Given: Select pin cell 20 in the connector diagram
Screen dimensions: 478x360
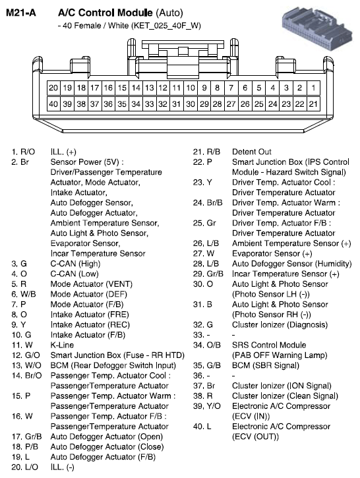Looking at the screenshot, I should (x=53, y=88).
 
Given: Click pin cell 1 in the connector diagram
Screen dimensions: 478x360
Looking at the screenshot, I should (x=313, y=88).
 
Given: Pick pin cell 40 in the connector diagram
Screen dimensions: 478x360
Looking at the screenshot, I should (x=53, y=104).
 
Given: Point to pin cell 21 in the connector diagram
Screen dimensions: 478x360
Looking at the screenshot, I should (x=313, y=104).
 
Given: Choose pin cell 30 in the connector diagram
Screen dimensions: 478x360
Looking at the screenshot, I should (x=190, y=104).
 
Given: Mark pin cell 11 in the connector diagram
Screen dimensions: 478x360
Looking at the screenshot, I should (x=176, y=88).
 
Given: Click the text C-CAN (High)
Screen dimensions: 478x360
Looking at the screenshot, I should (x=75, y=264).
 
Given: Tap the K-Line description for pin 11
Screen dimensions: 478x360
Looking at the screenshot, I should (x=63, y=345).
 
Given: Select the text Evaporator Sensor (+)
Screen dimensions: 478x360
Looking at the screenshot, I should (x=272, y=253).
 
